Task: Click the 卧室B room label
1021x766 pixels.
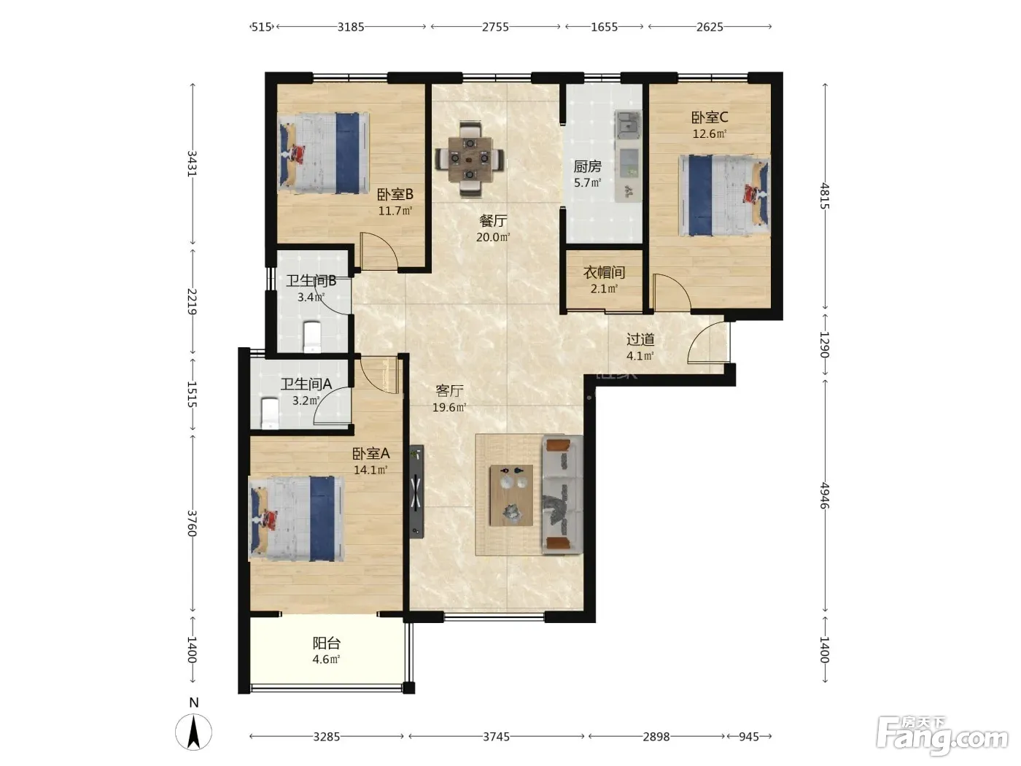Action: click(x=395, y=194)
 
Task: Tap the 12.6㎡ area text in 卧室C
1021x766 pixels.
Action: click(x=709, y=134)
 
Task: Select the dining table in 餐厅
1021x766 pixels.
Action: click(x=470, y=159)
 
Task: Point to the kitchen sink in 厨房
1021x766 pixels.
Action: click(x=628, y=125)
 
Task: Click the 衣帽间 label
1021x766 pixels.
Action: click(x=604, y=272)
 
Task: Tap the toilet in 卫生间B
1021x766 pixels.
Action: click(x=311, y=337)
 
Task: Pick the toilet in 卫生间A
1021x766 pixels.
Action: click(x=269, y=412)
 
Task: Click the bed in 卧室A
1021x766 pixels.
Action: click(x=296, y=518)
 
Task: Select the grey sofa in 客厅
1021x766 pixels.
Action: click(x=562, y=495)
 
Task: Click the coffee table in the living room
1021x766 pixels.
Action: click(x=511, y=495)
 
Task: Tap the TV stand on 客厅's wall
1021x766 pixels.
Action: click(x=416, y=492)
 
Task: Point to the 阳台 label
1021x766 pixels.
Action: click(x=326, y=643)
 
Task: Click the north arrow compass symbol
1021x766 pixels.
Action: click(x=193, y=731)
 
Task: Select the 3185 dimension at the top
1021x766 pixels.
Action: click(x=351, y=27)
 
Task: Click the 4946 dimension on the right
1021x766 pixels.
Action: click(x=824, y=496)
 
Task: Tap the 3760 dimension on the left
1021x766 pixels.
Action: click(x=192, y=523)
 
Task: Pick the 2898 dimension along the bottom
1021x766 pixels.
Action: click(x=656, y=736)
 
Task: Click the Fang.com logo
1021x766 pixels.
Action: click(x=942, y=735)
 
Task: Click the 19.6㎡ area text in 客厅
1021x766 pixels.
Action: click(x=449, y=407)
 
